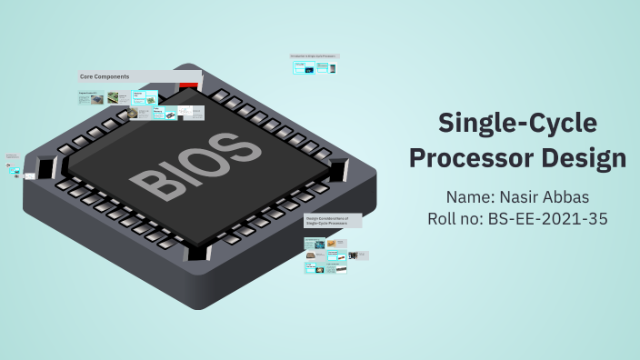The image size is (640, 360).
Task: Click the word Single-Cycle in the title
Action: pyautogui.click(x=516, y=123)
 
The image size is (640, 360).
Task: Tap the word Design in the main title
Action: pyautogui.click(x=578, y=157)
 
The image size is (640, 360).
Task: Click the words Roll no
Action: pyautogui.click(x=453, y=219)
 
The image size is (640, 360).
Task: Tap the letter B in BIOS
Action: pyautogui.click(x=147, y=183)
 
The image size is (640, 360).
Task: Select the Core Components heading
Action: pyautogui.click(x=105, y=76)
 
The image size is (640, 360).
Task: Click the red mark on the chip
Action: pyautogui.click(x=188, y=85)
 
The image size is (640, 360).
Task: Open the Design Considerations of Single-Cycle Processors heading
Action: pyautogui.click(x=332, y=221)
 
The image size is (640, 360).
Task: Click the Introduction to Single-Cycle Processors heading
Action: pyautogui.click(x=314, y=56)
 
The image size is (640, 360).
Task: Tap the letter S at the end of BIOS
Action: pyautogui.click(x=235, y=145)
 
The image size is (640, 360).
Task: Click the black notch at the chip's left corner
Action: pyautogui.click(x=45, y=167)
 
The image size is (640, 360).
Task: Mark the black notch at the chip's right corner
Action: pyautogui.click(x=338, y=169)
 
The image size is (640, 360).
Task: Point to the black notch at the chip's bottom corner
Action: pyautogui.click(x=196, y=251)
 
